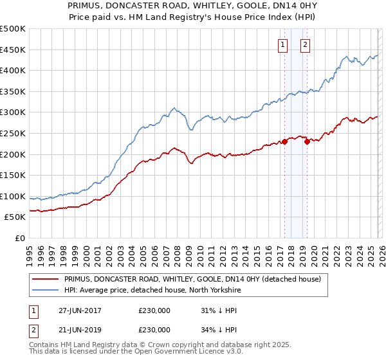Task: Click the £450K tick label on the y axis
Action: (13, 50)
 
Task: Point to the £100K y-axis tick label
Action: (13, 196)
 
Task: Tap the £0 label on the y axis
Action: (20, 239)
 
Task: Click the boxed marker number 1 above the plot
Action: (283, 44)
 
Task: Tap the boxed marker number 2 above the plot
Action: (304, 44)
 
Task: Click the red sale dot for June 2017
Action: (284, 142)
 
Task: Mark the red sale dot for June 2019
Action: (307, 142)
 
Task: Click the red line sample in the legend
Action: (46, 278)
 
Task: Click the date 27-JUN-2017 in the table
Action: (80, 310)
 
